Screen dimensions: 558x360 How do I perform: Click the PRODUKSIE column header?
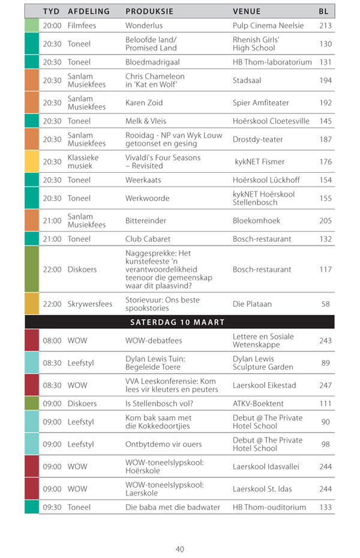[x=149, y=11]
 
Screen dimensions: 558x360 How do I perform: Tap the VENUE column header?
[x=247, y=11]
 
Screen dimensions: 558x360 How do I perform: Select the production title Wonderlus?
[x=144, y=26]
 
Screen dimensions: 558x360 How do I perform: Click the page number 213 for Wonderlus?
[x=325, y=26]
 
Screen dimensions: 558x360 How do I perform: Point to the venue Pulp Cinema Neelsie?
[x=268, y=26]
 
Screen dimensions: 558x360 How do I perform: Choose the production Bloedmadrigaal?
[x=152, y=62]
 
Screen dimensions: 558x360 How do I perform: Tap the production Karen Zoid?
[x=144, y=103]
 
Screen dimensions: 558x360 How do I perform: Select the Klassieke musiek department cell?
[x=83, y=161]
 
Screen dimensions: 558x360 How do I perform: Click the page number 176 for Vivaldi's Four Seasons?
[x=325, y=161]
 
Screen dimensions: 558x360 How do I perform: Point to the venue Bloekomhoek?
[x=256, y=221]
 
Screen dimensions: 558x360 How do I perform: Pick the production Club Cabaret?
[x=148, y=239]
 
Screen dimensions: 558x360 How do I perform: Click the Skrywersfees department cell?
[x=89, y=304]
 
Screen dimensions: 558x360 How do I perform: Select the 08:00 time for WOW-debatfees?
[x=52, y=341]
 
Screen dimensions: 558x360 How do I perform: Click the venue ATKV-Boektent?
[x=258, y=403]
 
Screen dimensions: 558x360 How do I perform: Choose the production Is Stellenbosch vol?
[x=157, y=403]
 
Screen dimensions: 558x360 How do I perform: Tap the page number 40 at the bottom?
[x=180, y=549]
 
